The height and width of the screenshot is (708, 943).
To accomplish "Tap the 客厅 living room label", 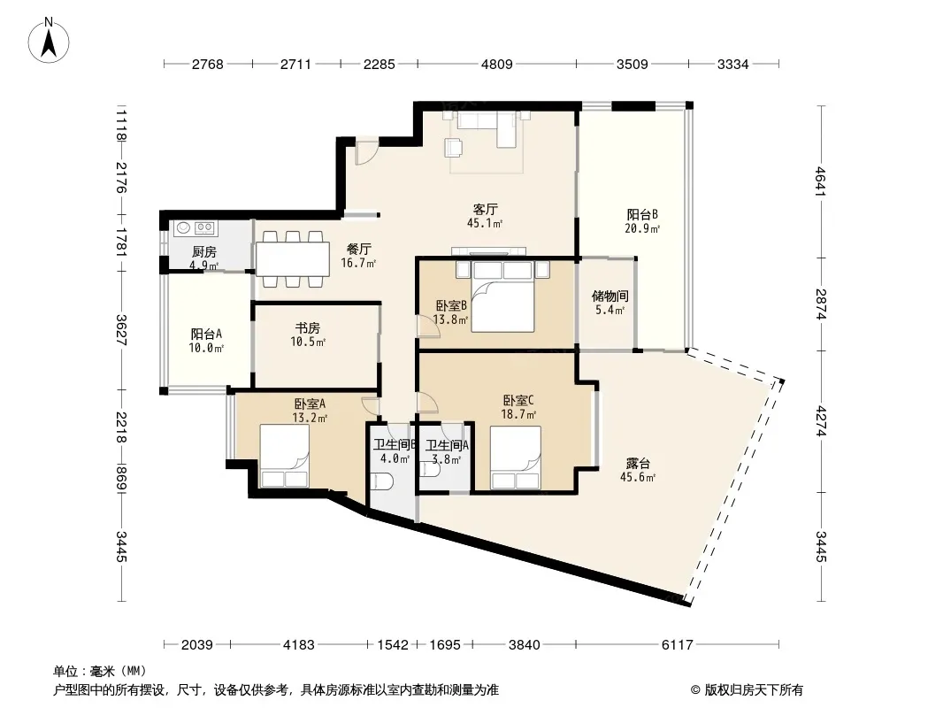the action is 485,210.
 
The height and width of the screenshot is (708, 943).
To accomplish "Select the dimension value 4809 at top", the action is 497,64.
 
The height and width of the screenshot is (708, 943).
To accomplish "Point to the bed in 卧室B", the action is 502,296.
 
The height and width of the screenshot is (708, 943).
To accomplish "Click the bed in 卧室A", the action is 284,456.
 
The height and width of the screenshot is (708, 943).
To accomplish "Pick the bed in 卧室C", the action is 516,458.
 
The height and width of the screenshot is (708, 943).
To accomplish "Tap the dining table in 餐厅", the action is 292,258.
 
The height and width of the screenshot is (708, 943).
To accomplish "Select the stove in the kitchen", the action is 205,227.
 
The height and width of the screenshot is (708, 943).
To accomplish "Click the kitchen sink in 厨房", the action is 183,227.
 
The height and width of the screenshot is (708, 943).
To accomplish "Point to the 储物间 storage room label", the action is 609,296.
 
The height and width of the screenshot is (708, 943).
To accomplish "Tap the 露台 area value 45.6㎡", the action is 638,478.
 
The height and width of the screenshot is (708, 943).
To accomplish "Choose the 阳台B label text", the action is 642,215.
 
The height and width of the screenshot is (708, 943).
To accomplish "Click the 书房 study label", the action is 307,327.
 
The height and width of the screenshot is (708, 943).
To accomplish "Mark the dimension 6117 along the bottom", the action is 678,645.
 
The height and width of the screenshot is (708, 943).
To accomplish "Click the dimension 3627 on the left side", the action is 121,330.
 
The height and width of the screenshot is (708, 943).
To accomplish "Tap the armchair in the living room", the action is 454,147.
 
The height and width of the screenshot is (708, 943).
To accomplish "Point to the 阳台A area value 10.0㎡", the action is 206,349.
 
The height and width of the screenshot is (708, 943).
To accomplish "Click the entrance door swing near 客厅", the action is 365,152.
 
